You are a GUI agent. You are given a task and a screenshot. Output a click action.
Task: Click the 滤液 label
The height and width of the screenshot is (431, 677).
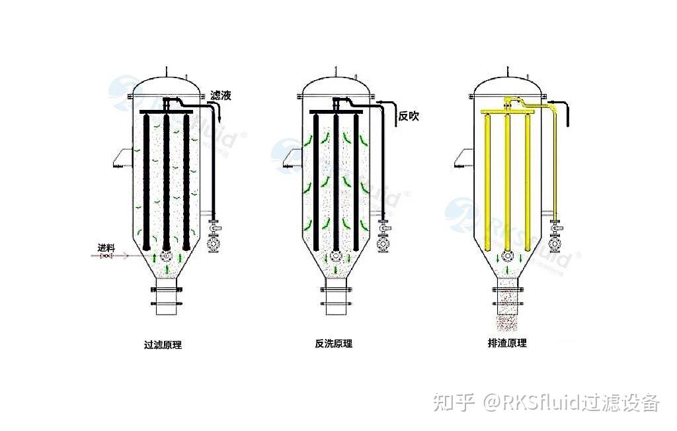[x=220, y=96]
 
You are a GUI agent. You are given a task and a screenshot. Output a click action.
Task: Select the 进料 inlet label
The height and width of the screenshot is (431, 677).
[x=106, y=248]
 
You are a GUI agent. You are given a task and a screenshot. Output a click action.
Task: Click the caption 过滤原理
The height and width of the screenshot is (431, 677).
[x=163, y=344]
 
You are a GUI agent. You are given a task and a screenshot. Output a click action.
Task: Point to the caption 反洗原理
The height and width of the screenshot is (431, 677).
[x=334, y=344]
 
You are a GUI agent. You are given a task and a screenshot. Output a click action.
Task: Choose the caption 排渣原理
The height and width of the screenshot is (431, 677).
[x=508, y=343]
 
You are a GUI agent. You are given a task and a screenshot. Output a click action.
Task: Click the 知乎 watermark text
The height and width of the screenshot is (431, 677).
[x=454, y=401]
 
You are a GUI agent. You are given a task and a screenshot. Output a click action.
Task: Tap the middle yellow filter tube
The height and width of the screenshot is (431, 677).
[x=507, y=185]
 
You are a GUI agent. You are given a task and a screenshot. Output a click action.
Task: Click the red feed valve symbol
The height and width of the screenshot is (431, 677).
[x=106, y=256]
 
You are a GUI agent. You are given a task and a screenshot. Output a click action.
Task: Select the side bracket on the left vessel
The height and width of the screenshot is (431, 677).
[x=118, y=158]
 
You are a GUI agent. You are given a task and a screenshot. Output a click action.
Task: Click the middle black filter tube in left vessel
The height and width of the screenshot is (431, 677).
[x=166, y=185]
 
